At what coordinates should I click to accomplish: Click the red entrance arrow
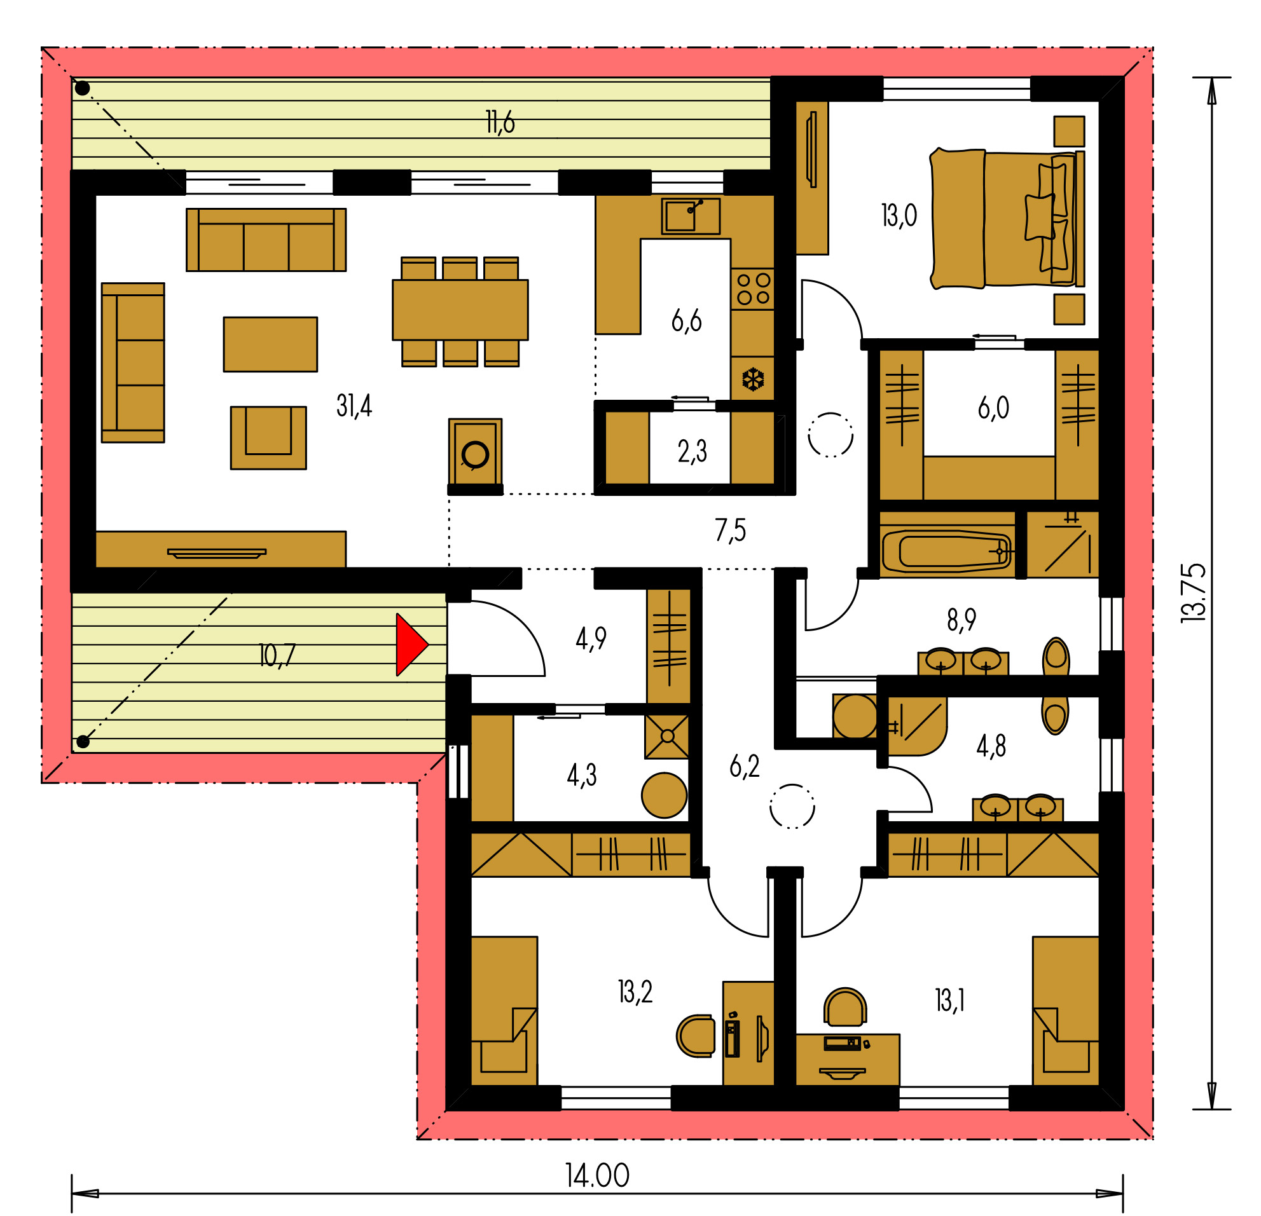(410, 645)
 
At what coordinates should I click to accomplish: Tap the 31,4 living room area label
(354, 406)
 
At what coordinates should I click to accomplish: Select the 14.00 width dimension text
(597, 1175)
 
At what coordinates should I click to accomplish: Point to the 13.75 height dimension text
(1193, 592)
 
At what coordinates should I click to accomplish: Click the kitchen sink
(691, 216)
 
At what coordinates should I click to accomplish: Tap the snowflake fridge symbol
(753, 379)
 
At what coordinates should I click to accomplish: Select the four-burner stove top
(753, 289)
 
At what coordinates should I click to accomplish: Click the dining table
(460, 310)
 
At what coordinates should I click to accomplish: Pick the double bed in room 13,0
(1007, 219)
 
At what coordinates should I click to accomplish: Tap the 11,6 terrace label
(500, 121)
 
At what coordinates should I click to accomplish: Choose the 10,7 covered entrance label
(277, 655)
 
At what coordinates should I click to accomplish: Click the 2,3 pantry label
(692, 451)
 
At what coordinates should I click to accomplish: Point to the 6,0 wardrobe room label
(993, 407)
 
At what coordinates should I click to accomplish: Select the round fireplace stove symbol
(476, 454)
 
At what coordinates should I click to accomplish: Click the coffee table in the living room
(270, 344)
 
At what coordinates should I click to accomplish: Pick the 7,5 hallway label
(730, 530)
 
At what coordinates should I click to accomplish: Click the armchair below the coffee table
(268, 437)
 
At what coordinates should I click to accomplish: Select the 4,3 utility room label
(581, 775)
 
